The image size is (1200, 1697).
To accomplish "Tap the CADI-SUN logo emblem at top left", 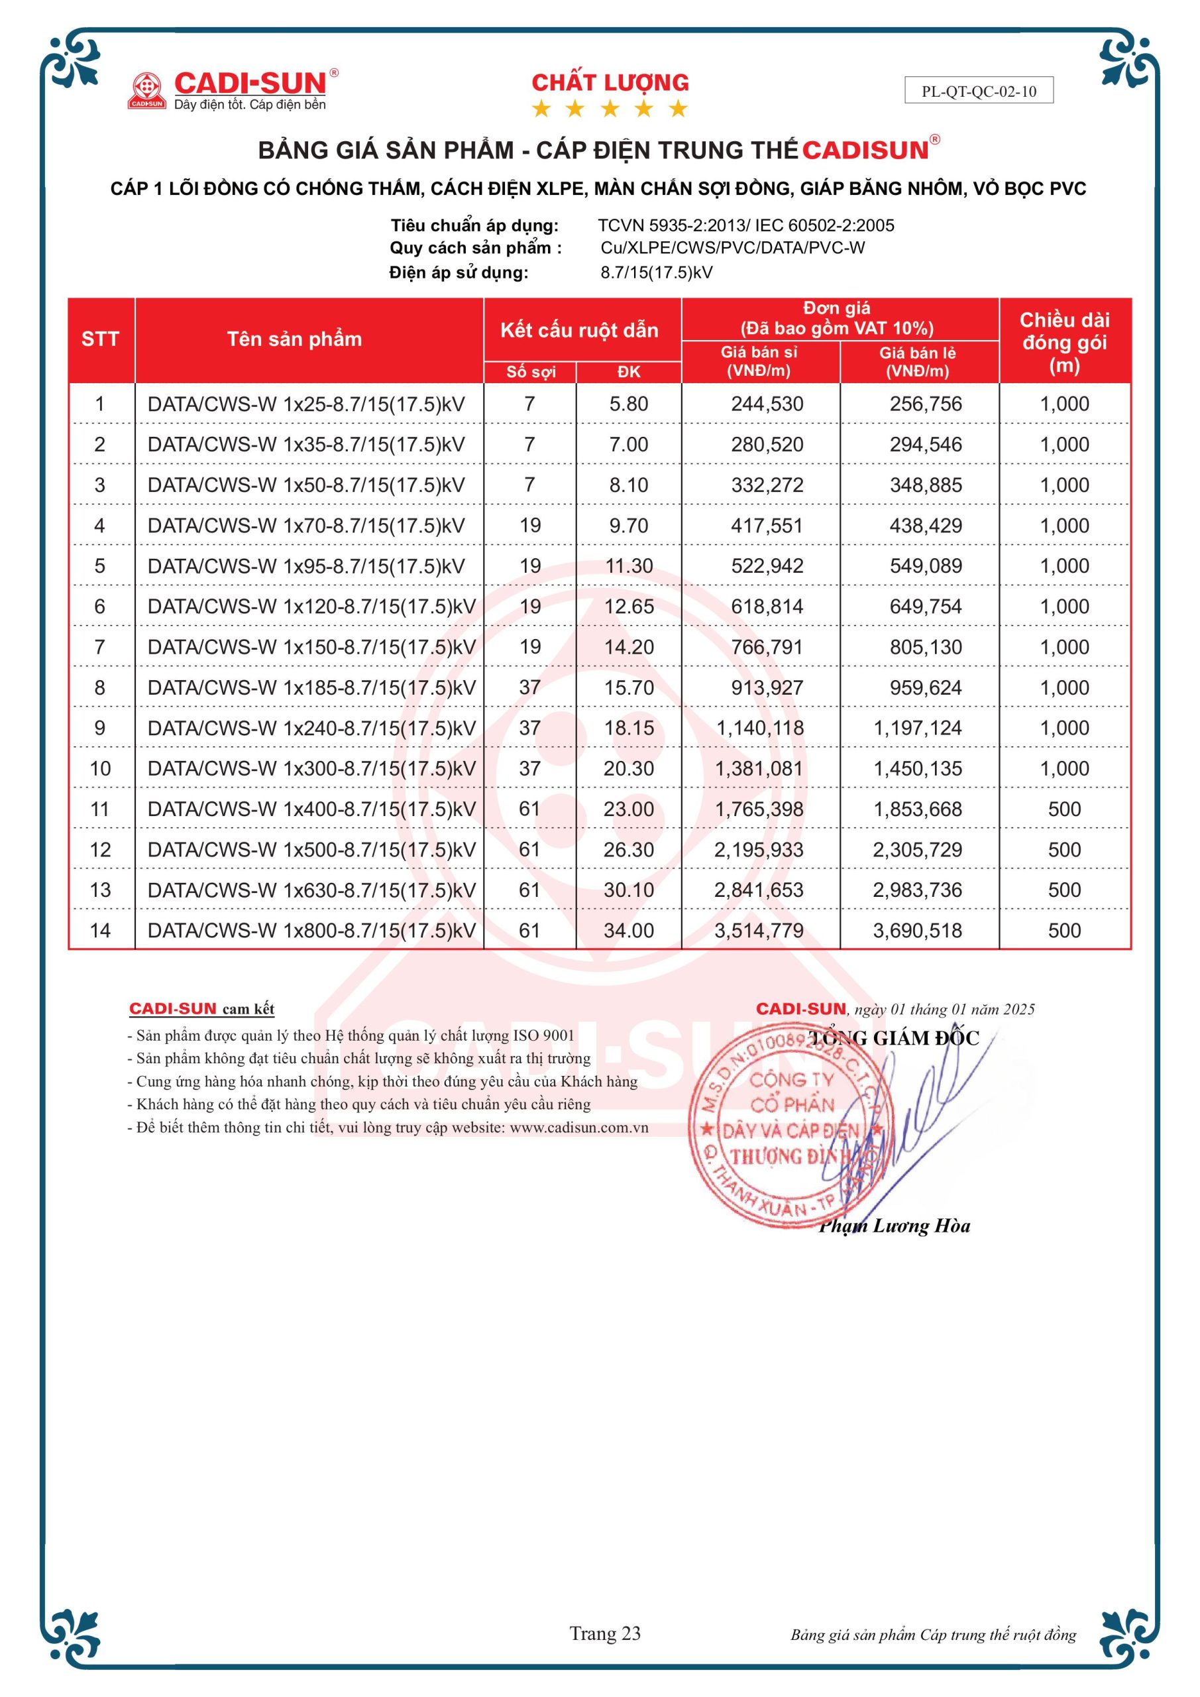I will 146,90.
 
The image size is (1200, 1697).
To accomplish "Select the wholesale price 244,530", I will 767,404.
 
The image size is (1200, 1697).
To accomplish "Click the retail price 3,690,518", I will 917,931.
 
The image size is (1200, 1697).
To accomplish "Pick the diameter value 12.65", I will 629,607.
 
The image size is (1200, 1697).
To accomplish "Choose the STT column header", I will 100,339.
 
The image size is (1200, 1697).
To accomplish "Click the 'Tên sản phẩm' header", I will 294,339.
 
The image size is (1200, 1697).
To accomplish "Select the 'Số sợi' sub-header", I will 531,372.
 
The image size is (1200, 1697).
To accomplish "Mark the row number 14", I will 100,931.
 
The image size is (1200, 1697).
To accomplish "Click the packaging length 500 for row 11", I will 1064,809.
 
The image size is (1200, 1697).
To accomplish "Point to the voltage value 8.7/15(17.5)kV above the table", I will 656,272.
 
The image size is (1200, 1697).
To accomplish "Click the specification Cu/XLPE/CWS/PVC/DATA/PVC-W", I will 732,249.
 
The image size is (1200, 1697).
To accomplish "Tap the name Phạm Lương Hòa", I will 894,1226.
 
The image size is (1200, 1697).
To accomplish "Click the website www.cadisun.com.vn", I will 578,1128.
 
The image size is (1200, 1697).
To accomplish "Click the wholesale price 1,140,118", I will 759,728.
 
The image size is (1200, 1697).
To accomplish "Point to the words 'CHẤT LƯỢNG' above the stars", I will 610,83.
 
